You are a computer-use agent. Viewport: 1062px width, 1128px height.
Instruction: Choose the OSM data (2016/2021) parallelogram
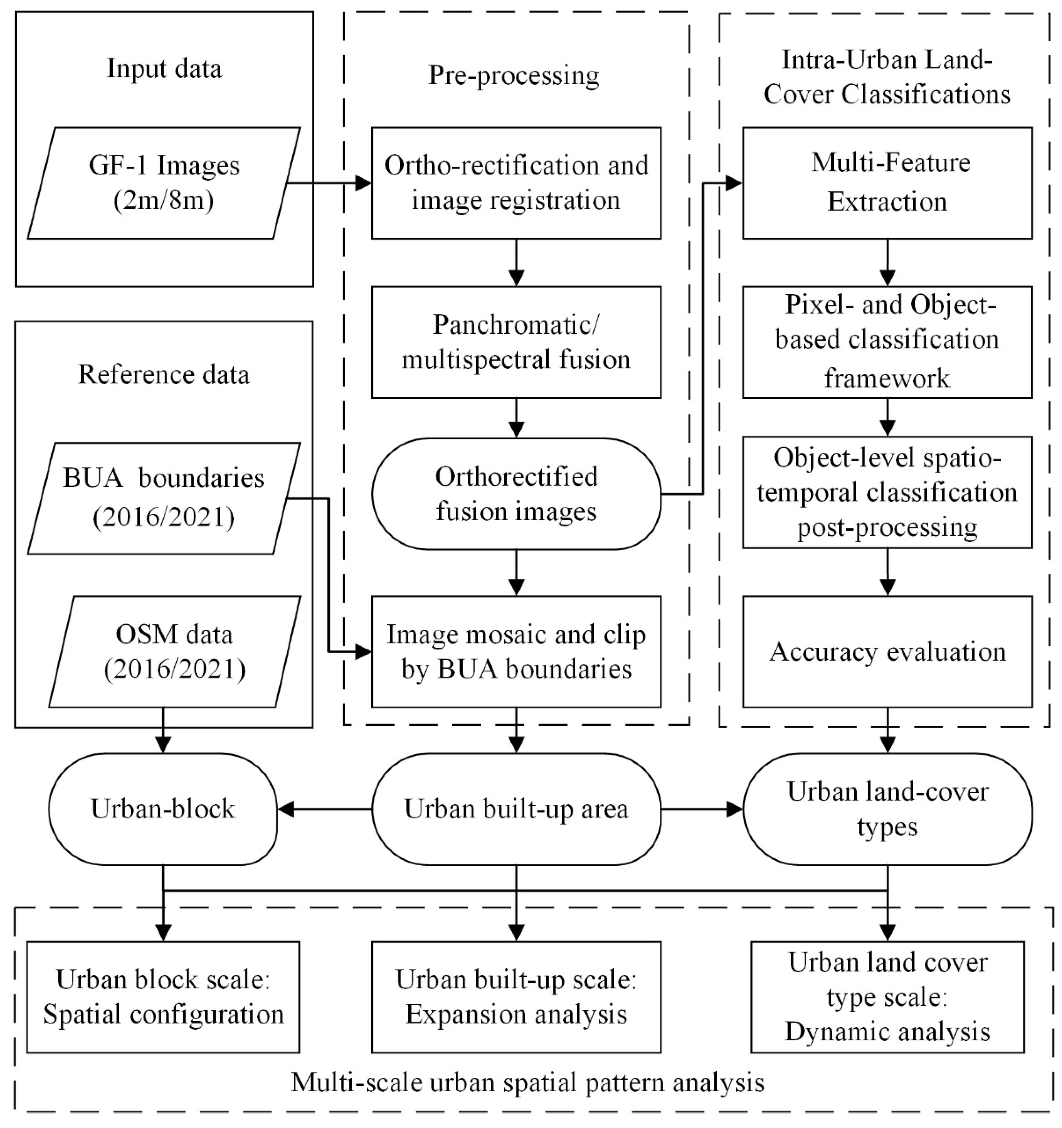coord(174,652)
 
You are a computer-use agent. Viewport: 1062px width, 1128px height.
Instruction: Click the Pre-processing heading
coord(513,75)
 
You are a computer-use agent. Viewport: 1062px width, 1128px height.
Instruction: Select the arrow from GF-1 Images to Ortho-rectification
coord(329,183)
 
